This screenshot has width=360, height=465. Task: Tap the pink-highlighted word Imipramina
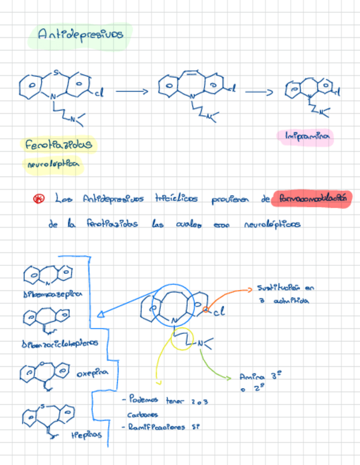pos(310,137)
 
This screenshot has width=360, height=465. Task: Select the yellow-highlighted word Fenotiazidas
pos(58,145)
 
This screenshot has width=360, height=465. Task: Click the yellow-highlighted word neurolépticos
pos(53,163)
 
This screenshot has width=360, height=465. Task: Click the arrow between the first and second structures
pos(132,92)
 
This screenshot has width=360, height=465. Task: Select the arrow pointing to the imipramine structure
pos(258,92)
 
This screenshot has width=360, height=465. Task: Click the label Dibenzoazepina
pos(53,294)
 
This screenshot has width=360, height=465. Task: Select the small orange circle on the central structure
pos(205,310)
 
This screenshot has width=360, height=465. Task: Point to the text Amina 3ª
pos(256,377)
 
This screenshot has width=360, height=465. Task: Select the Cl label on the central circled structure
pos(219,313)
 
